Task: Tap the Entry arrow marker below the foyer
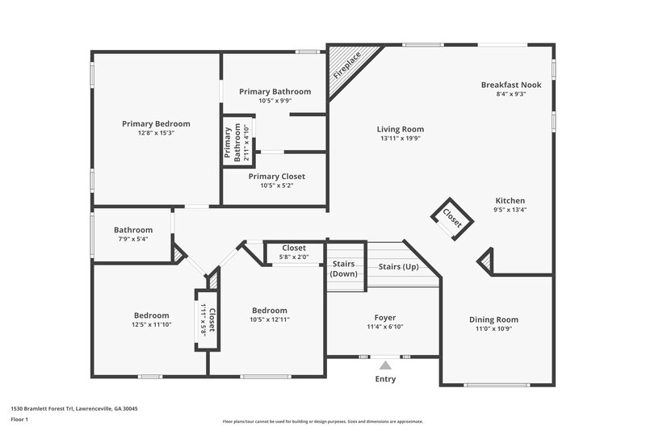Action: tap(385, 365)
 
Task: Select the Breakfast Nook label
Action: tap(510, 85)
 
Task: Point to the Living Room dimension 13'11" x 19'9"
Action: tap(400, 138)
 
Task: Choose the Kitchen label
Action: tap(510, 201)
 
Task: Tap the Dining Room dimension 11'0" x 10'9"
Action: tap(493, 329)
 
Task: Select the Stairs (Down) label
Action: tap(344, 269)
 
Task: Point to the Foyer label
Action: tap(384, 318)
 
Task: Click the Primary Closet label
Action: tap(276, 177)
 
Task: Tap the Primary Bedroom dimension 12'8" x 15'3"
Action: tap(156, 133)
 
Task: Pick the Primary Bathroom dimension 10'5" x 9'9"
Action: tap(275, 101)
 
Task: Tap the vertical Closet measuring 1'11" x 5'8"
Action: tap(207, 319)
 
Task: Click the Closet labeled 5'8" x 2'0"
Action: tap(293, 253)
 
